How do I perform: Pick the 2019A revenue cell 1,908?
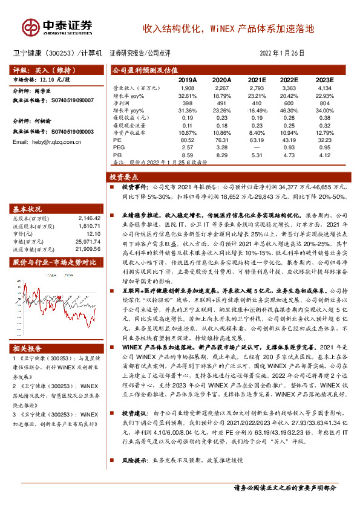point(188,88)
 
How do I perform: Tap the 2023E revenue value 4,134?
point(325,88)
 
